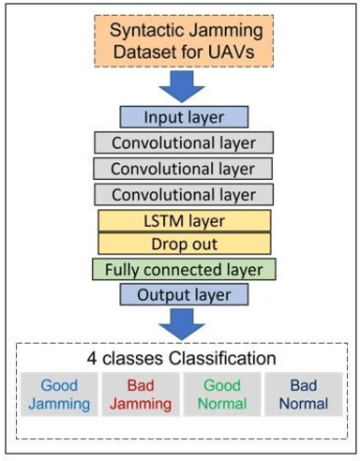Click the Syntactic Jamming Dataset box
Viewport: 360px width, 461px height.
pos(183,41)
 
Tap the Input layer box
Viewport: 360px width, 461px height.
pos(184,117)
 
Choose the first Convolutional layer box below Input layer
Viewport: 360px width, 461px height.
pos(184,143)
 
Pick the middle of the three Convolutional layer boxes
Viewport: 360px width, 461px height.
pos(184,169)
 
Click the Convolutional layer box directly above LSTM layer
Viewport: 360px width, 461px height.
pos(184,194)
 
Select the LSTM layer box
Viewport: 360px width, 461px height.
pos(184,220)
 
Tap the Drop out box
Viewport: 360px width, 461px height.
pos(184,244)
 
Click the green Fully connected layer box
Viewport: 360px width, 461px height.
pos(184,270)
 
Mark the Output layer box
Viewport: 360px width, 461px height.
pos(184,294)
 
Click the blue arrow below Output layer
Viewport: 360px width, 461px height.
pos(184,326)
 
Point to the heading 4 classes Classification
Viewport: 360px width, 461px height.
pos(184,359)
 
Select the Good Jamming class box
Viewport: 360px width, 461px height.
pos(59,394)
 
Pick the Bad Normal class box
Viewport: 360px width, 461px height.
pos(303,394)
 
